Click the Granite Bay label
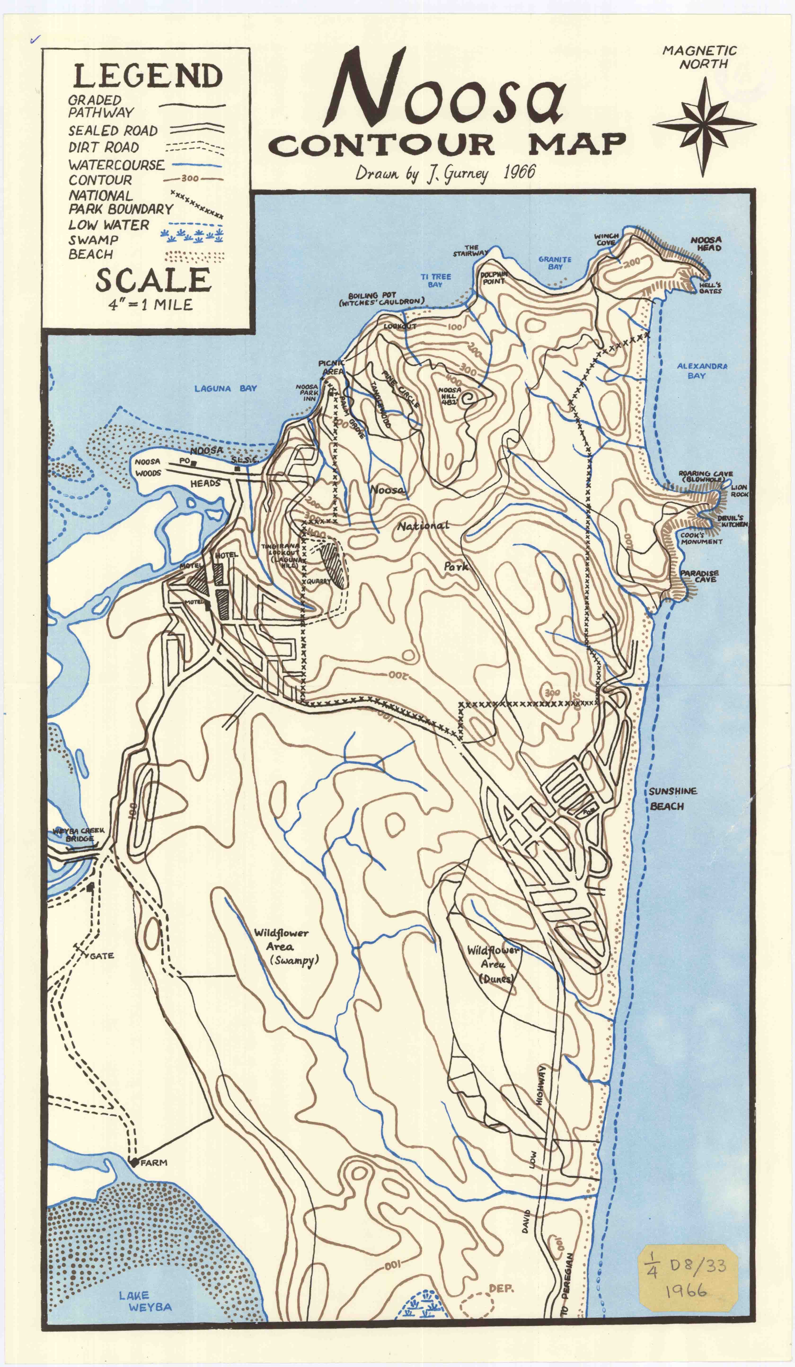pos(555,263)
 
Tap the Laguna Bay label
pos(225,388)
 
